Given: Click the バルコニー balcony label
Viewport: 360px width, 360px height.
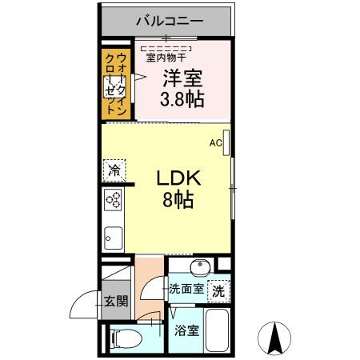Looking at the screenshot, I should point(169,19).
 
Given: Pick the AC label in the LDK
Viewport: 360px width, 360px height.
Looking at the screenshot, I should point(214,143).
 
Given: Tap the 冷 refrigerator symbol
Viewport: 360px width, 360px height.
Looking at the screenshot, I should point(114,170).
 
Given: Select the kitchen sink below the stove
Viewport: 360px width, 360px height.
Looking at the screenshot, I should point(112,238).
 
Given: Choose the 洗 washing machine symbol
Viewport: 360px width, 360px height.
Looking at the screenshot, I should point(217,292).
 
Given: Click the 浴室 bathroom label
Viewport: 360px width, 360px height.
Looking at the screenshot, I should point(188,330).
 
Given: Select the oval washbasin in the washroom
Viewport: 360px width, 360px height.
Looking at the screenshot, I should point(200,267).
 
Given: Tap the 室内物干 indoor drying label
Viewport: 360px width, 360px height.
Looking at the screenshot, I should point(166,57).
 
